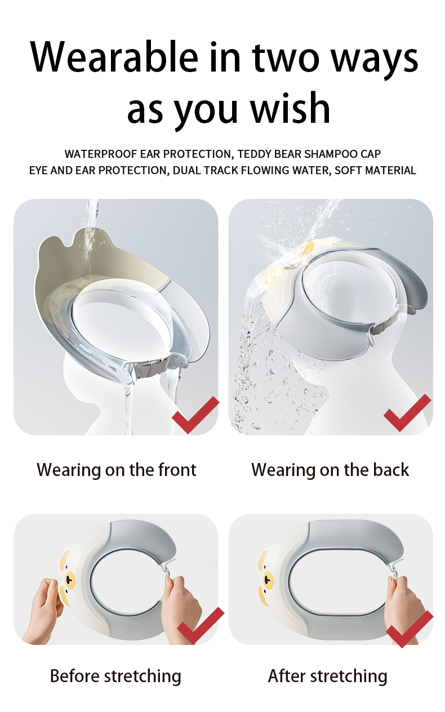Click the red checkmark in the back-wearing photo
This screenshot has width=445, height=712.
click(407, 412)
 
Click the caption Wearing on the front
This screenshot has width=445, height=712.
click(117, 470)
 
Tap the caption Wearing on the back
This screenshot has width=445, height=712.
click(330, 470)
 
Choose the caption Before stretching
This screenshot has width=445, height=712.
click(115, 676)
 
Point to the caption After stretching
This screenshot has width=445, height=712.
click(327, 676)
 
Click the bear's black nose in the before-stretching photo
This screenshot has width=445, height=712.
click(69, 580)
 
